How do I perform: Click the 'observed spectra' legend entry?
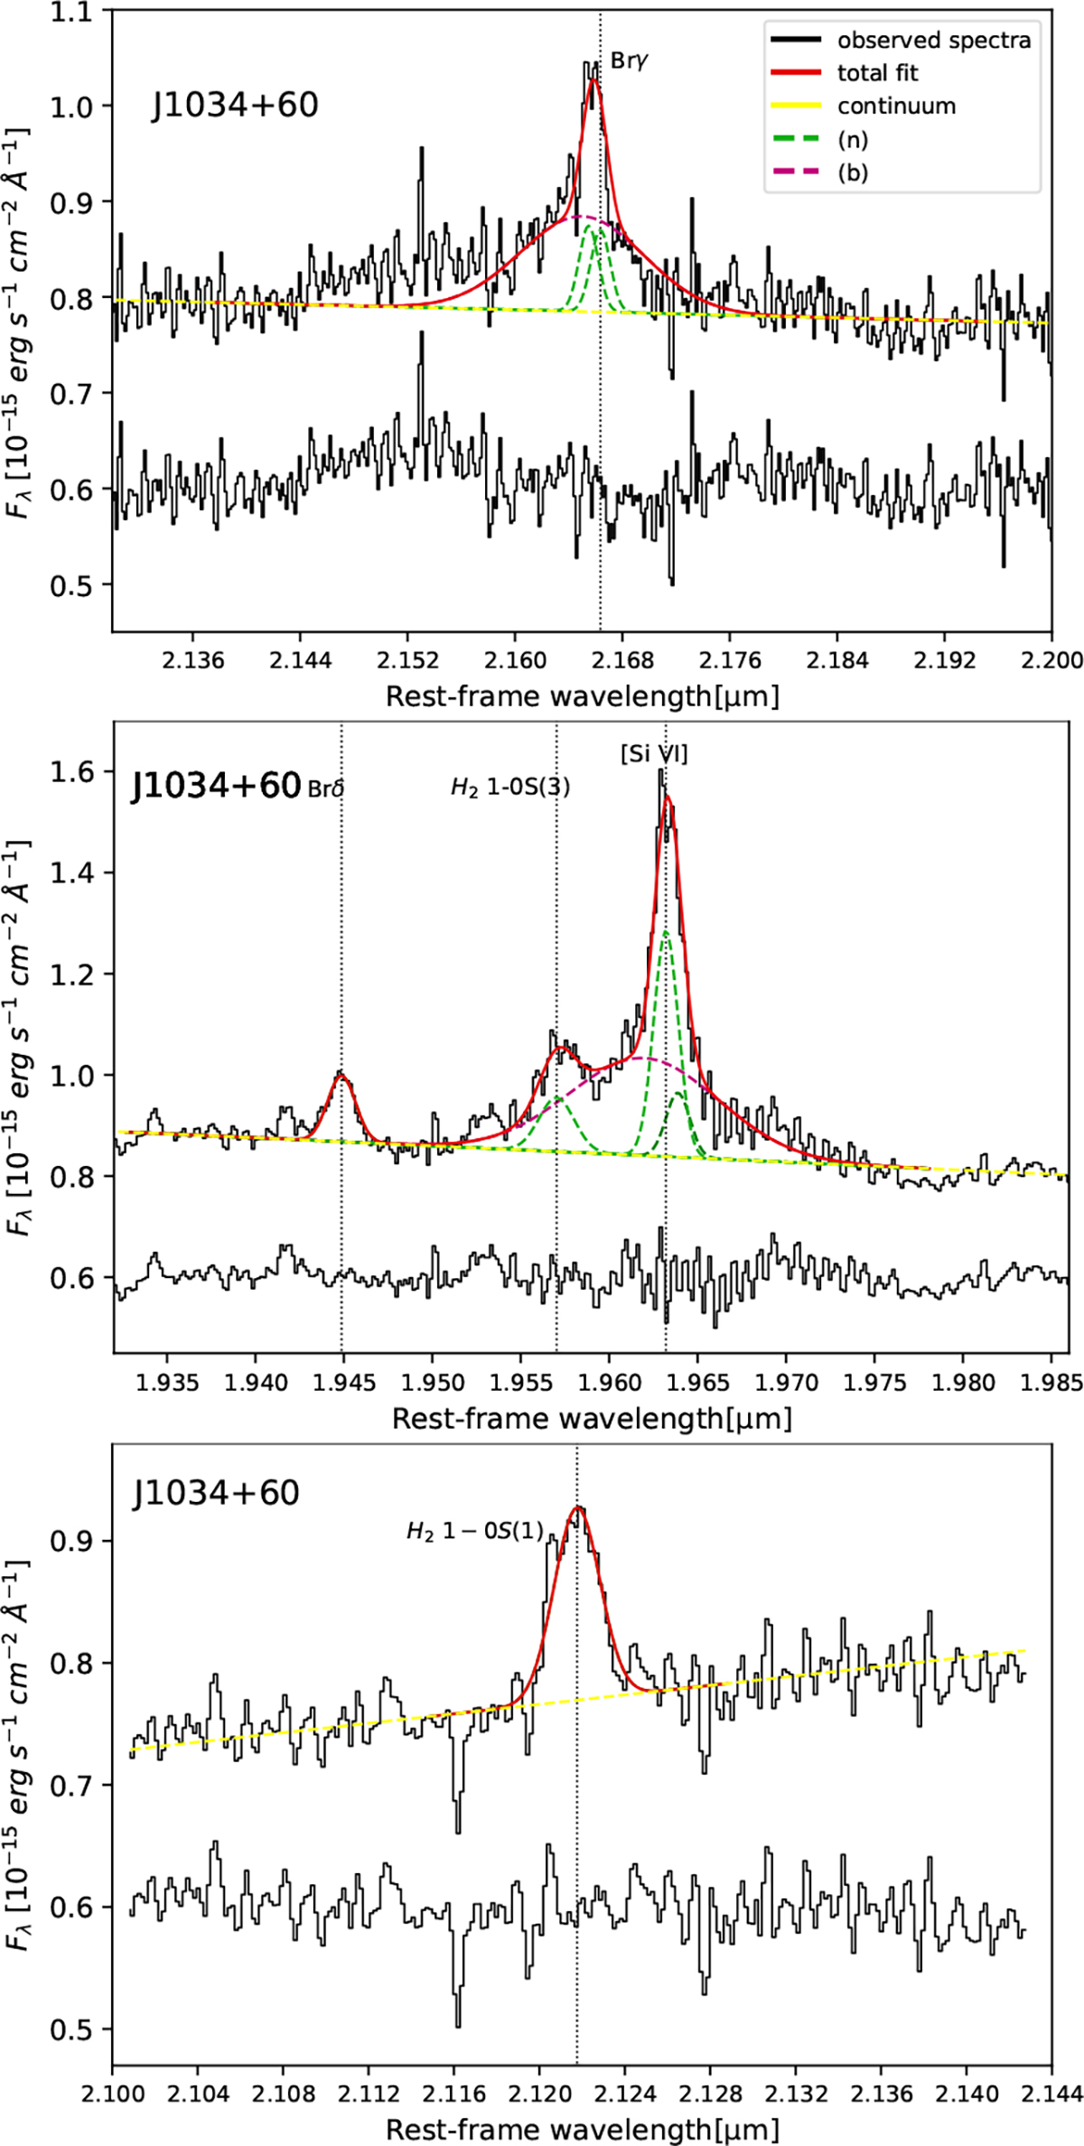click(x=932, y=40)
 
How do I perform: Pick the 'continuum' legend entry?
click(x=895, y=107)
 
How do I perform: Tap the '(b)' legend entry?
click(x=852, y=173)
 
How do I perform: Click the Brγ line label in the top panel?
click(x=631, y=61)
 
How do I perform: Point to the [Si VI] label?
click(x=654, y=754)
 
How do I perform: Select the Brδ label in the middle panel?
click(x=326, y=788)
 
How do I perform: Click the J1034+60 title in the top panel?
click(x=235, y=106)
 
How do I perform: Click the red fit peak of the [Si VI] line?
click(x=668, y=797)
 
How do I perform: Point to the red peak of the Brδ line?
click(x=341, y=1074)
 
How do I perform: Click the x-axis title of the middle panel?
click(x=592, y=1419)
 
